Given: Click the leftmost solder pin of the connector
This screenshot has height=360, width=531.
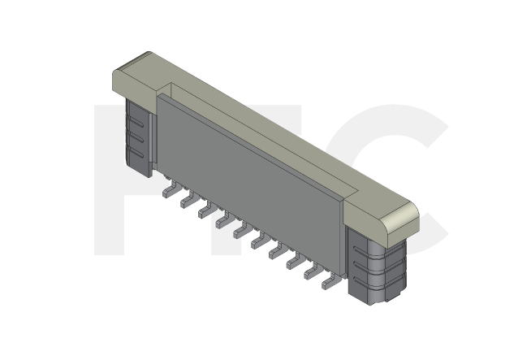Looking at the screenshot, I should pos(168,191).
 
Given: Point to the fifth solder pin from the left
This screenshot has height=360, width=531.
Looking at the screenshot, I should pos(240,232).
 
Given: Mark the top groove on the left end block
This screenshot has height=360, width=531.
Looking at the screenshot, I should pos(139,118).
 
